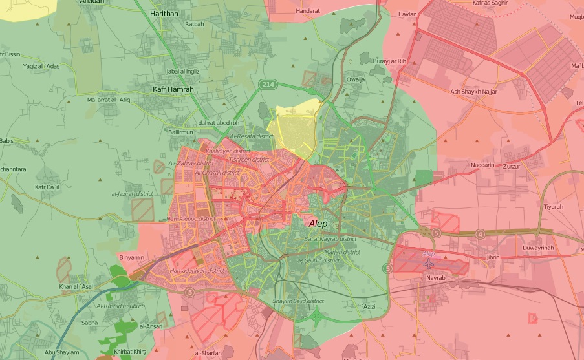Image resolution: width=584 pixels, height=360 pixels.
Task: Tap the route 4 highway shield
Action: click(x=479, y=233)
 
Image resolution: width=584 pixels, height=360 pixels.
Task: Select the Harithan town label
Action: click(x=163, y=13)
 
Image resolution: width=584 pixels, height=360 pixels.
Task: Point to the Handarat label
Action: click(x=307, y=11)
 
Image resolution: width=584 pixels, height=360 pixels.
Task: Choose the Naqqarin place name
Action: click(x=482, y=165)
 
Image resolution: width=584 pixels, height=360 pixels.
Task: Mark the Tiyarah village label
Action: click(x=553, y=207)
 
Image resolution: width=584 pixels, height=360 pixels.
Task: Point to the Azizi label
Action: click(x=369, y=306)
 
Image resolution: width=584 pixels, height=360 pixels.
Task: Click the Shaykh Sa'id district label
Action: click(x=298, y=301)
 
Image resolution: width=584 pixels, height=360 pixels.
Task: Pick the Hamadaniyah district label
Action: click(x=197, y=270)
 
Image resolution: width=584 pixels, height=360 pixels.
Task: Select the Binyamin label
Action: click(x=132, y=257)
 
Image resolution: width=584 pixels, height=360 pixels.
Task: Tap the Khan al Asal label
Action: click(x=76, y=286)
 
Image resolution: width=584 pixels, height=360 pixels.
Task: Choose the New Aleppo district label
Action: click(x=191, y=219)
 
